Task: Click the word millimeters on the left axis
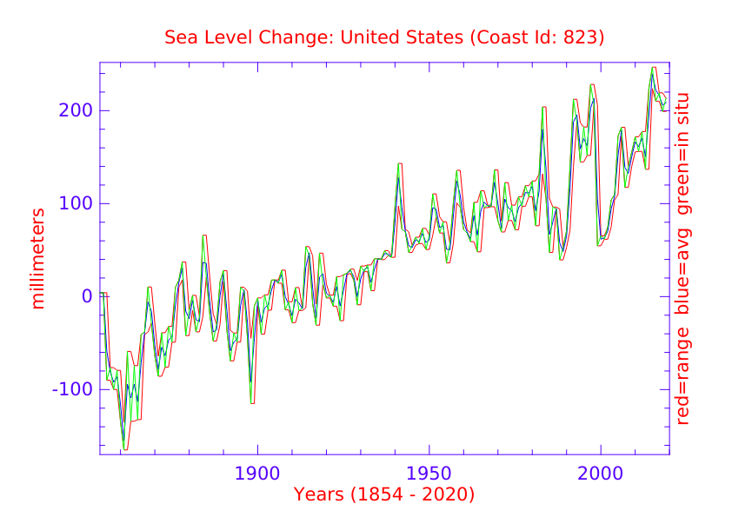click(37, 258)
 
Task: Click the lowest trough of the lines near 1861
click(125, 448)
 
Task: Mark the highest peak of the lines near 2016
click(654, 68)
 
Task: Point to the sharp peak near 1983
click(543, 108)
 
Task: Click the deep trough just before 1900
click(252, 402)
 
